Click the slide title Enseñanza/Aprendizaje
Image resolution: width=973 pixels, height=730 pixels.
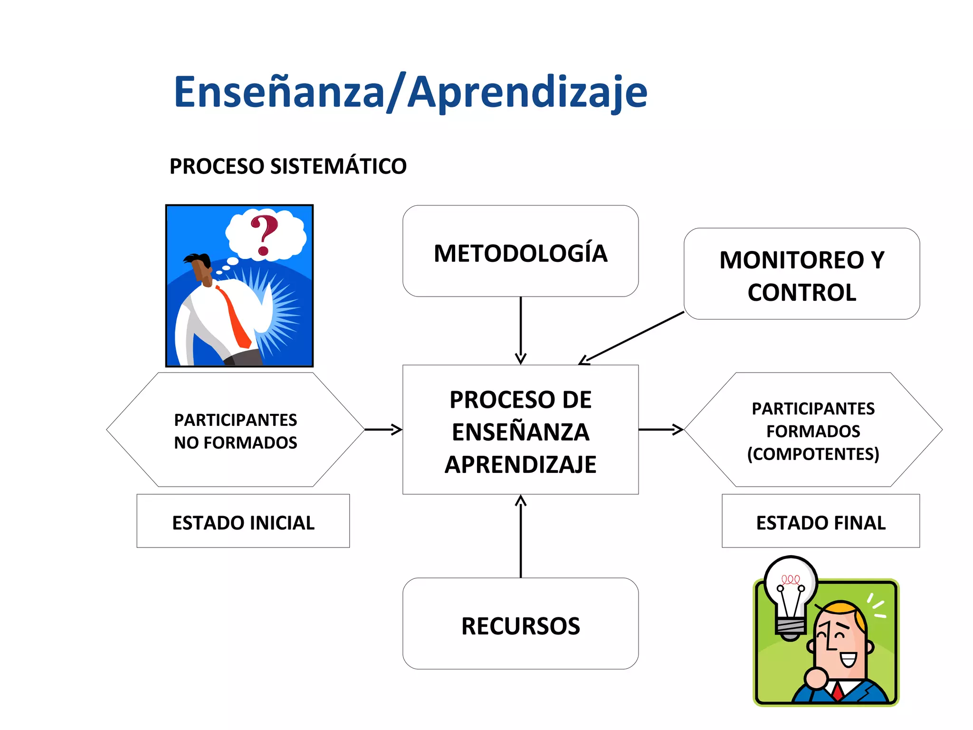tap(410, 92)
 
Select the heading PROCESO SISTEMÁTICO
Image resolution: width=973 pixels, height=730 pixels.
tap(288, 166)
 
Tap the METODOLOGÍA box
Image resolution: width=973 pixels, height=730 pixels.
tap(520, 252)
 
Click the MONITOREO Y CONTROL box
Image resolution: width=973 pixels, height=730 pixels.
tap(801, 275)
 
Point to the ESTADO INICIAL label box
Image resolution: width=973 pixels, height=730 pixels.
tap(243, 522)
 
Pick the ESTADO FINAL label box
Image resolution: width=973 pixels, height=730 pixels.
tap(820, 522)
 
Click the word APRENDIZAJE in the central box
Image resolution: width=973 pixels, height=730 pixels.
tap(520, 464)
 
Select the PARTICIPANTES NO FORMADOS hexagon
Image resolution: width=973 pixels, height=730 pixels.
tap(235, 430)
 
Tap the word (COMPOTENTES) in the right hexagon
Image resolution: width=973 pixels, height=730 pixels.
tap(813, 454)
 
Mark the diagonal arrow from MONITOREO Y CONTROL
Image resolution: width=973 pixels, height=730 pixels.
tap(632, 338)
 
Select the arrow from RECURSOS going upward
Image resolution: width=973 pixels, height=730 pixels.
tap(521, 537)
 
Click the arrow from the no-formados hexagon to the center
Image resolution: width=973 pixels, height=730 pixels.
tap(383, 430)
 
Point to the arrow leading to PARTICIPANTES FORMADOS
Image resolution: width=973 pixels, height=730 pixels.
tap(661, 430)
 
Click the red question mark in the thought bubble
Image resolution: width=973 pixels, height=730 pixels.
tap(264, 234)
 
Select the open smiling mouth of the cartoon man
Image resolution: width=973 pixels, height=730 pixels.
tap(848, 660)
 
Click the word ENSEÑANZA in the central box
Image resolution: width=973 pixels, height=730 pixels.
tap(520, 432)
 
